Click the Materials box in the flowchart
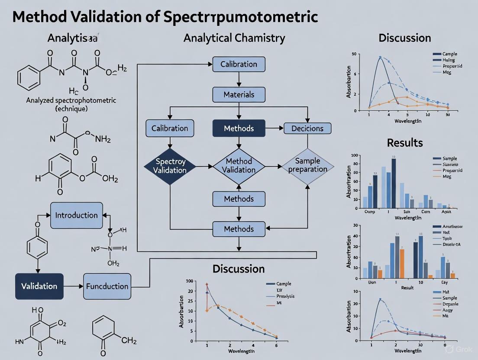(x=239, y=94)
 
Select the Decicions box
(x=307, y=128)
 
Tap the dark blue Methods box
(x=239, y=128)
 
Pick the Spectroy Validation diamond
(x=170, y=166)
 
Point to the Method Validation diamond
(x=239, y=166)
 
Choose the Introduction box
(x=77, y=215)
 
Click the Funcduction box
(x=107, y=286)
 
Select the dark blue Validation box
(x=39, y=286)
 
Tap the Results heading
(x=405, y=142)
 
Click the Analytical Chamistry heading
(x=234, y=38)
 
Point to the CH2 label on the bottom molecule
(x=129, y=341)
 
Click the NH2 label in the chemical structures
(x=103, y=139)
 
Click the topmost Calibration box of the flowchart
(x=239, y=64)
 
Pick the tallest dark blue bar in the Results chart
(x=394, y=183)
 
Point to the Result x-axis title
(x=407, y=287)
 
